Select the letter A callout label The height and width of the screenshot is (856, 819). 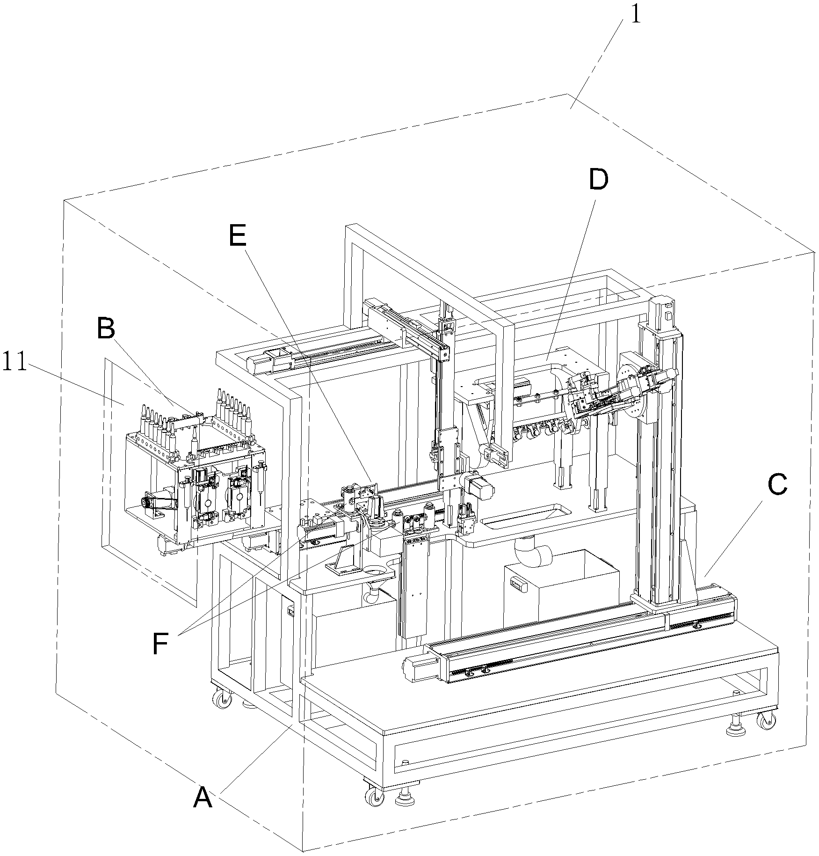203,797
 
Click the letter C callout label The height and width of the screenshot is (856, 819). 777,486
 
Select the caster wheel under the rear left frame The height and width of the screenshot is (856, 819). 220,701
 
